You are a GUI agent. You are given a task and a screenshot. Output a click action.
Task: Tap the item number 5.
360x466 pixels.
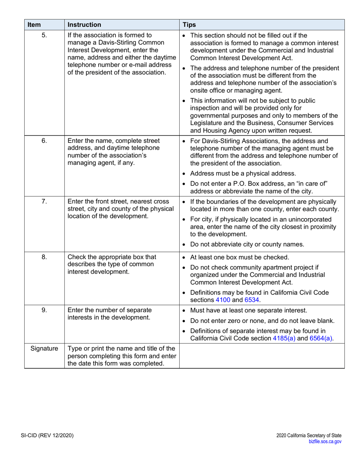tap(44, 36)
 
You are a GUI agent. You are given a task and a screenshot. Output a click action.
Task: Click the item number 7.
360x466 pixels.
tap(44, 199)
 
